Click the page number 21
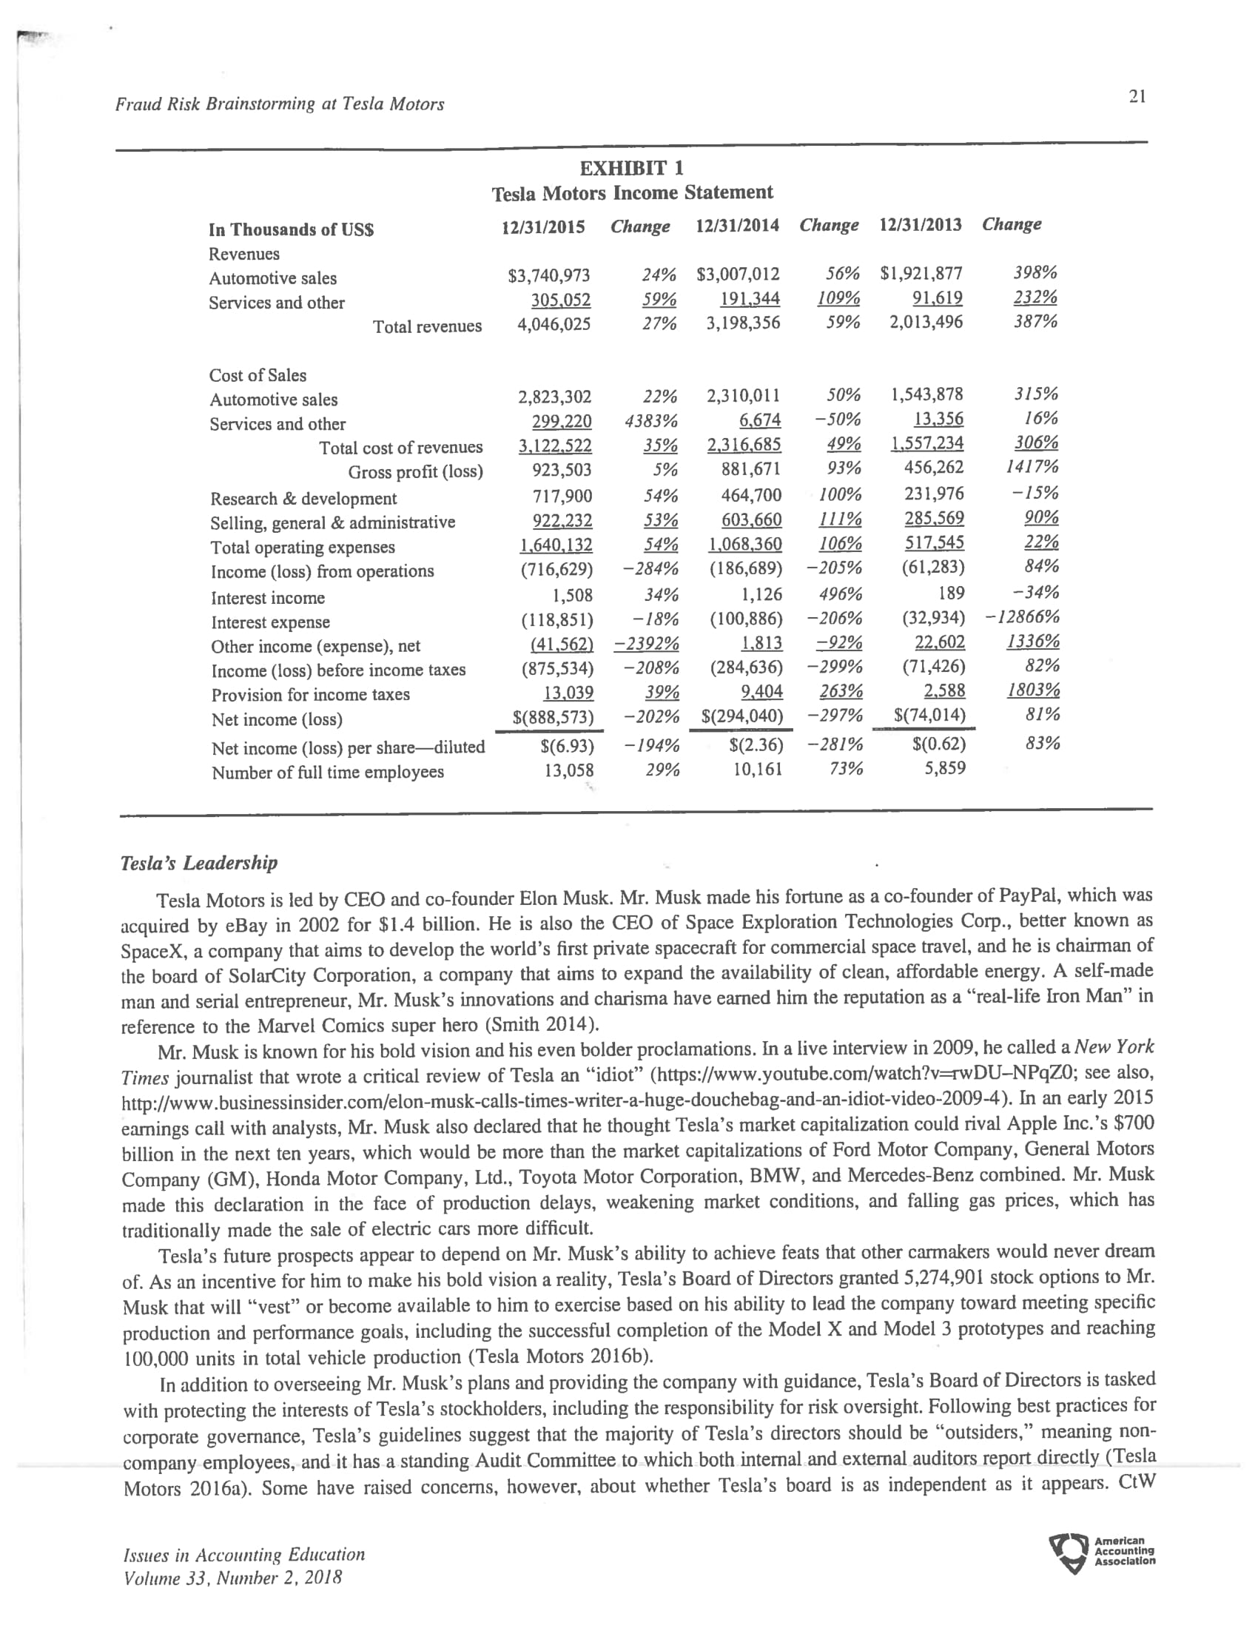click(x=1137, y=96)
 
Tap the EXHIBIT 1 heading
click(x=631, y=167)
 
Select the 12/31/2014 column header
click(x=737, y=225)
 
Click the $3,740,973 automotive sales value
click(x=548, y=276)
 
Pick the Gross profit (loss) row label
click(x=415, y=472)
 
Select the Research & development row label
click(x=303, y=499)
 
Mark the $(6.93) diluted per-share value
click(x=567, y=744)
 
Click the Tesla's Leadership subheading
click(x=199, y=863)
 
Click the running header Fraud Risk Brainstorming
click(x=280, y=104)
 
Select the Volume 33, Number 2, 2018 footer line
click(x=232, y=1578)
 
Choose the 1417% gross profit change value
click(x=1032, y=468)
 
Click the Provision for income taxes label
click(x=310, y=695)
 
